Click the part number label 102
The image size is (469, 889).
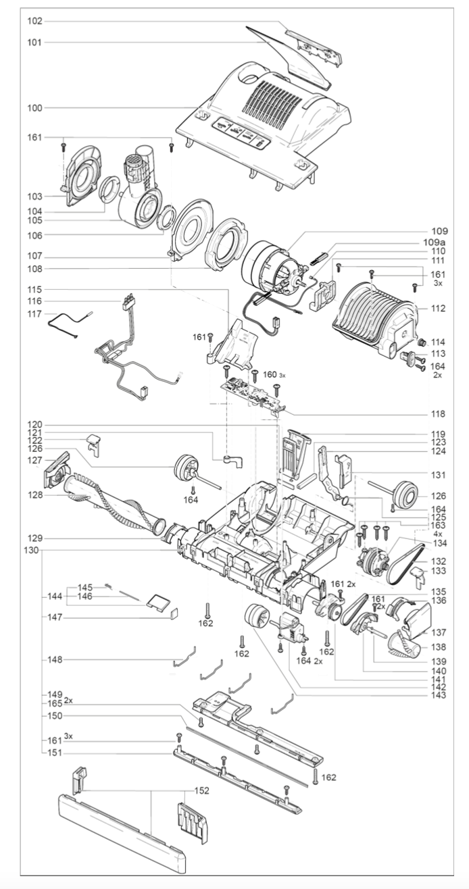coord(34,22)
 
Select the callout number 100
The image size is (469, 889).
coord(34,108)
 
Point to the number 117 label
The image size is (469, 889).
coord(34,314)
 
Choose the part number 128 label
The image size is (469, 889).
coord(34,495)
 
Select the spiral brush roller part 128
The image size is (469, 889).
coord(115,503)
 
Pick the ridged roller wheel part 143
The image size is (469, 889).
coord(257,618)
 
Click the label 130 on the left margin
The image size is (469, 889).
coord(31,550)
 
